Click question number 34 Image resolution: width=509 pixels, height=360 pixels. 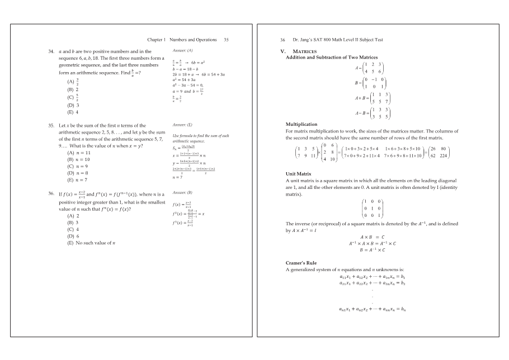point(51,51)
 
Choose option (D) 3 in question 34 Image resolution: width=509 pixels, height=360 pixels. point(73,105)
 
